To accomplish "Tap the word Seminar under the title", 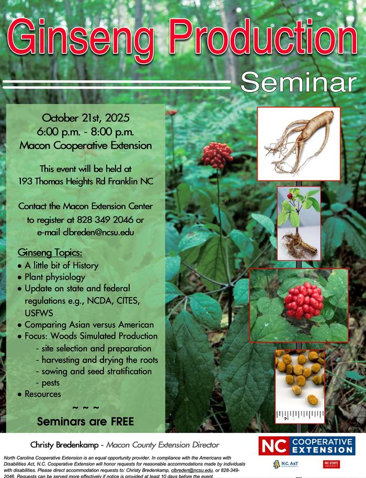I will tap(299, 82).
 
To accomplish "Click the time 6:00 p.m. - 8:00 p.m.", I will tap(86, 131).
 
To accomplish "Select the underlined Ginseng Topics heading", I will tap(50, 253).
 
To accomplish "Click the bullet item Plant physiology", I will tap(55, 277).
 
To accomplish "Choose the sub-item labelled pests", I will tap(47, 383).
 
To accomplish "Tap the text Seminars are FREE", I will tap(86, 421).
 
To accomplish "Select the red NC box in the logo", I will tap(273, 446).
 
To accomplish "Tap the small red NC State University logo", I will tap(331, 464).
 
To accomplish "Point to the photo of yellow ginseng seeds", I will tap(300, 386).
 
